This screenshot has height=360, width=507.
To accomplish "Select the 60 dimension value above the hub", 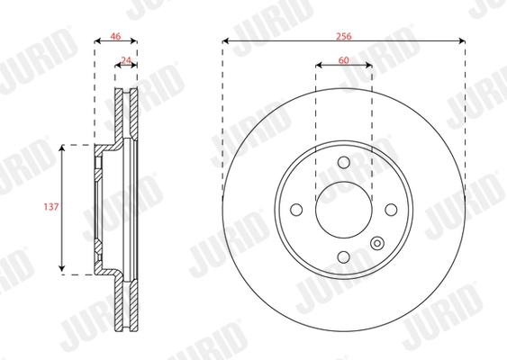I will (x=343, y=59).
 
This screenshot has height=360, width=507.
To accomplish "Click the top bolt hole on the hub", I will (x=343, y=162).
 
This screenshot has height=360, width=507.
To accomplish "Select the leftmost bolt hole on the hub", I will (x=295, y=209).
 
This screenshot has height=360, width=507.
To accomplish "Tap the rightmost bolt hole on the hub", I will (x=391, y=209).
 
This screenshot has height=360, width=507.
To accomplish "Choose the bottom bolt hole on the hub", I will (x=343, y=256).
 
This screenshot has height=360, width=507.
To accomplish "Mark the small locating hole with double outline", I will (x=377, y=241).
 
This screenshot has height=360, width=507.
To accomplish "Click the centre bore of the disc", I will (x=343, y=209).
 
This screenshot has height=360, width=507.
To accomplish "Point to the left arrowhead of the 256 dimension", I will (x=226, y=41).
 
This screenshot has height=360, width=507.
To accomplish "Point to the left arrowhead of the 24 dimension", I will (x=117, y=67).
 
